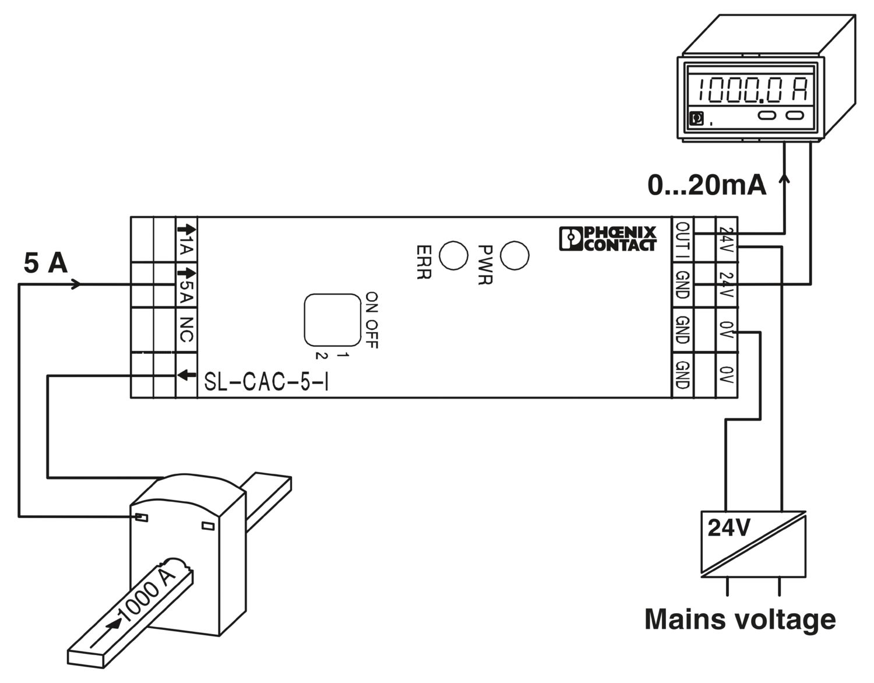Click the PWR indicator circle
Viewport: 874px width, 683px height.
[x=514, y=255]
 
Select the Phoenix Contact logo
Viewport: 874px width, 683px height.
[x=608, y=238]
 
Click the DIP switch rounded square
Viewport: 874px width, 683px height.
[x=332, y=319]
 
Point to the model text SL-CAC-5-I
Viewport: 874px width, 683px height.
[x=266, y=383]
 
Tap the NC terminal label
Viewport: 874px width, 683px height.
[x=186, y=329]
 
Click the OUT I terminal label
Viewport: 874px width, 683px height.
[x=683, y=239]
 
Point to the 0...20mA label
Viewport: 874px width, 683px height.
[x=707, y=186]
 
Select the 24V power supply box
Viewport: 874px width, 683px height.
[x=753, y=544]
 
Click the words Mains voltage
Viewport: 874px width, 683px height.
[x=740, y=619]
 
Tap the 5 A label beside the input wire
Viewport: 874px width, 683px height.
[x=45, y=263]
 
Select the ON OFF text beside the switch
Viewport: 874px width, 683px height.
[x=372, y=321]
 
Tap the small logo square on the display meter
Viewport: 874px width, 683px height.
[x=696, y=119]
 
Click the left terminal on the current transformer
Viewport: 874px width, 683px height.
[x=141, y=517]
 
